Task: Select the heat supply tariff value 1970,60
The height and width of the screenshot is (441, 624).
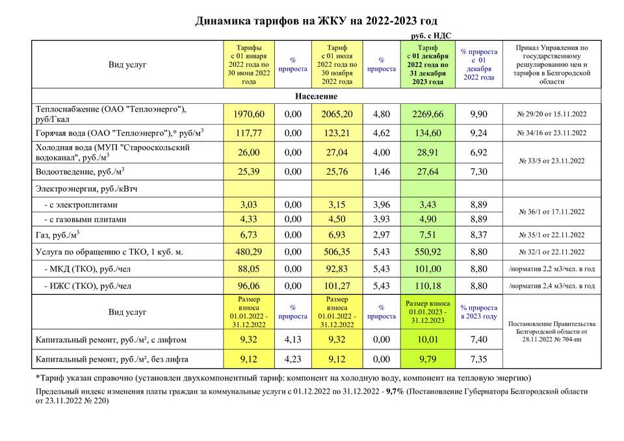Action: click(249, 114)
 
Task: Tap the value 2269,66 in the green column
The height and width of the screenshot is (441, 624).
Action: click(428, 114)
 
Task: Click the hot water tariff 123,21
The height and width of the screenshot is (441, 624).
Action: click(337, 133)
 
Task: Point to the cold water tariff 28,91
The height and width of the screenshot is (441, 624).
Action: click(428, 153)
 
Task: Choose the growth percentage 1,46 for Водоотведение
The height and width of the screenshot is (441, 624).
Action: click(381, 172)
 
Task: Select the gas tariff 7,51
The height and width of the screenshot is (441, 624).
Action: click(428, 234)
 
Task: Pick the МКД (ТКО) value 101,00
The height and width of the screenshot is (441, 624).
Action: click(428, 268)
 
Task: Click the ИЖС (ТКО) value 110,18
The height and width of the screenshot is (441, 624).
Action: click(428, 285)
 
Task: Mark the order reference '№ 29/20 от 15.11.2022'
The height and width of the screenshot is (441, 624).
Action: click(551, 114)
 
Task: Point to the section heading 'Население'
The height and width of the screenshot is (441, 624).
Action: click(316, 97)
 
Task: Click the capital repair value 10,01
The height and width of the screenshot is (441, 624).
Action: click(428, 338)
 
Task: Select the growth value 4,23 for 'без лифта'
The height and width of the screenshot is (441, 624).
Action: click(292, 358)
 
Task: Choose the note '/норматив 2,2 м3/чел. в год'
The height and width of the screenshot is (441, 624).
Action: click(551, 268)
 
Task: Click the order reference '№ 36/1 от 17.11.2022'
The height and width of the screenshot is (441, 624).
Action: click(551, 212)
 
